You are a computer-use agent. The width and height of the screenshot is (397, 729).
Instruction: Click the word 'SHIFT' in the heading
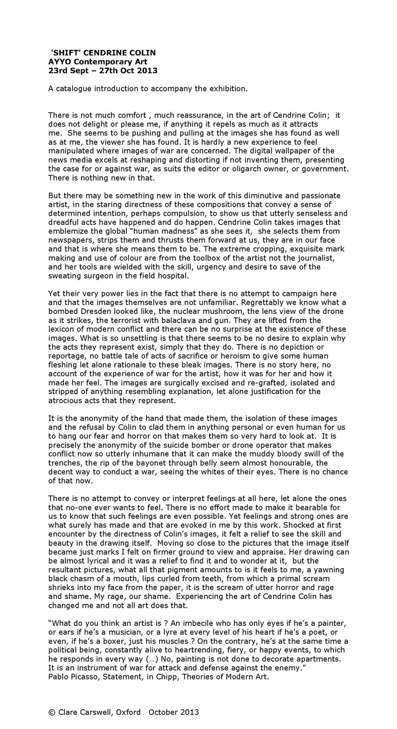click(x=64, y=53)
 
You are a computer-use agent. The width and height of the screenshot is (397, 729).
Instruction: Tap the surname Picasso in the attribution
click(x=83, y=676)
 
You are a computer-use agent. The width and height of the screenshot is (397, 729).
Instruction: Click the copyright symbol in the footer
click(x=51, y=712)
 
